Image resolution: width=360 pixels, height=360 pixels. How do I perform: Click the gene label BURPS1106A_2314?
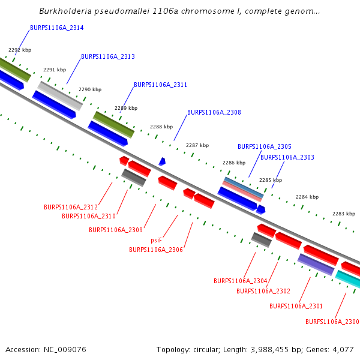click(x=56, y=28)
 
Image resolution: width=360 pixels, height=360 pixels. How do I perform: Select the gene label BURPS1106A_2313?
click(x=108, y=57)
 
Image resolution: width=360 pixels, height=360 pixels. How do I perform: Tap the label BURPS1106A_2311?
click(x=160, y=85)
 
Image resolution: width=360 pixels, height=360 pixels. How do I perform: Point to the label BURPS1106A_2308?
click(x=214, y=113)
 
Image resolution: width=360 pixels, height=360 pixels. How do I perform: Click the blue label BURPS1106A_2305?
click(x=265, y=146)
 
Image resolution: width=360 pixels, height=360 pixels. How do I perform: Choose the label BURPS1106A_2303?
click(x=287, y=157)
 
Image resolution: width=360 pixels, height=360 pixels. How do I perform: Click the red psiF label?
click(x=157, y=240)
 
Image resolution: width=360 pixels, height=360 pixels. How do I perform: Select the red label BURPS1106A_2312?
click(x=71, y=207)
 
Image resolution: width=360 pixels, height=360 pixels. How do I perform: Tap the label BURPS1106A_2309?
click(x=116, y=230)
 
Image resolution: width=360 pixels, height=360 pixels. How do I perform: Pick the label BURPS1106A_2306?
click(x=156, y=250)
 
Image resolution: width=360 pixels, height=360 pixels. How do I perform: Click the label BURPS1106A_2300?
click(x=332, y=322)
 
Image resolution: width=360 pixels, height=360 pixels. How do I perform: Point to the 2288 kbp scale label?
click(x=161, y=127)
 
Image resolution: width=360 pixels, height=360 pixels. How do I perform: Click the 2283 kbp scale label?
click(x=344, y=214)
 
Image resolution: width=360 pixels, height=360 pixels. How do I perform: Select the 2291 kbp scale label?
click(x=55, y=70)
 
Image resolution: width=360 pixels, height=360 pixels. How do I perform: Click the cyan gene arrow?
click(x=349, y=280)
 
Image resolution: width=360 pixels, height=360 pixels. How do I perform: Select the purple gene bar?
click(x=316, y=264)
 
